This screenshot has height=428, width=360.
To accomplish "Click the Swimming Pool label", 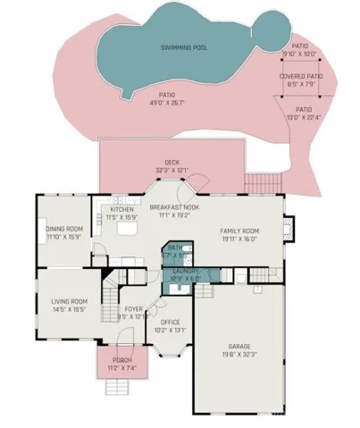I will [x=184, y=46].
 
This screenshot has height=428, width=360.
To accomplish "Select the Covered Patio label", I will [x=300, y=77].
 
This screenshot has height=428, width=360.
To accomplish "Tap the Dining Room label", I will [x=63, y=229].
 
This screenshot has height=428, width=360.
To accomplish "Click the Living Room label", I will [x=68, y=301].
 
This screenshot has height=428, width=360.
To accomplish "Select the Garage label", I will [x=239, y=345].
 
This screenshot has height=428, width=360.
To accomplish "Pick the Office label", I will [x=170, y=322].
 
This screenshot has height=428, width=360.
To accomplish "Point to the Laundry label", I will [x=185, y=271].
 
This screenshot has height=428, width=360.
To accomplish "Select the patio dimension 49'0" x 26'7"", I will [x=165, y=102].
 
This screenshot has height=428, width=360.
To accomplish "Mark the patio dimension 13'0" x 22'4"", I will [x=304, y=118].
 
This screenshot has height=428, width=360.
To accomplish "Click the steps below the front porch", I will [x=120, y=385].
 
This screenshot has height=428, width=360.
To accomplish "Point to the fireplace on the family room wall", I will [x=288, y=225].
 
